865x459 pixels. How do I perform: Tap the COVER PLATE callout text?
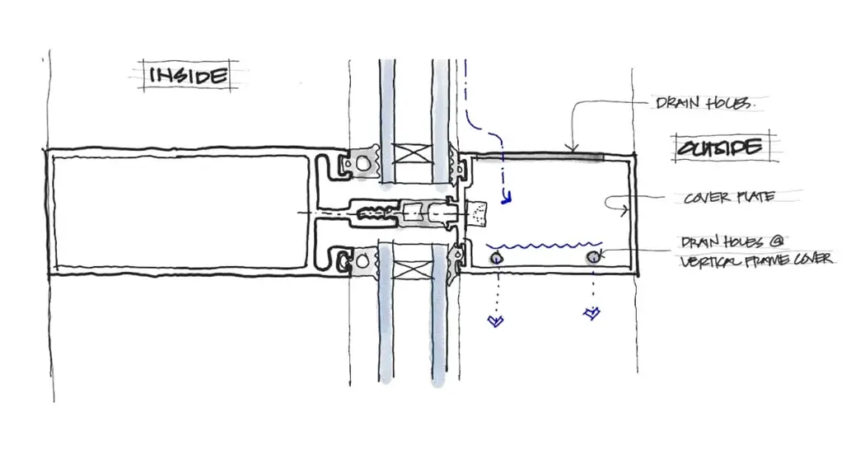[727, 199]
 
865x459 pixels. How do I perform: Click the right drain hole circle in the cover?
[592, 259]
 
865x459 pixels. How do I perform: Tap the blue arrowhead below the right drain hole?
[591, 313]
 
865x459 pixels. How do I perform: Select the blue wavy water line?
[544, 245]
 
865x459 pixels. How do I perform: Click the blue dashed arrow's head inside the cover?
[508, 196]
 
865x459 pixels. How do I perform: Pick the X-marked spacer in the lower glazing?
[410, 269]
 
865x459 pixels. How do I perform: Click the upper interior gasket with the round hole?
[359, 162]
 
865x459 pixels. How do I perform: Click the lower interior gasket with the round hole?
[359, 263]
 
